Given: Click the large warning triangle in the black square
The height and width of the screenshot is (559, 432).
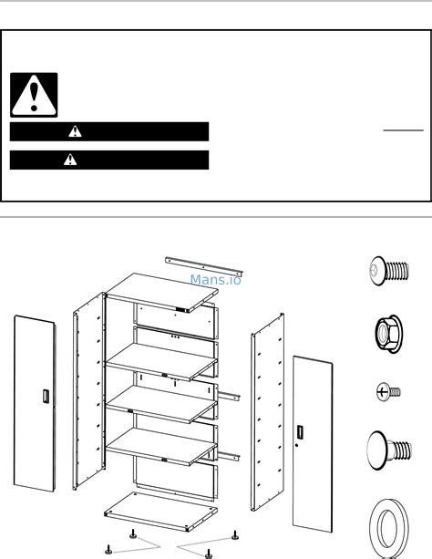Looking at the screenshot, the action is [34, 95].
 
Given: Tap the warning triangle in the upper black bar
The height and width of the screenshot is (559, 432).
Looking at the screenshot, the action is [75, 131].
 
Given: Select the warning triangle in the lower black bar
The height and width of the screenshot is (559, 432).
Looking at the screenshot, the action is [70, 160].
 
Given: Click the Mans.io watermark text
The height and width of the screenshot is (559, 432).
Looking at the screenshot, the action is [216, 280].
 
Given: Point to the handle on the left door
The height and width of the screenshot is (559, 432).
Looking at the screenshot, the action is [46, 397].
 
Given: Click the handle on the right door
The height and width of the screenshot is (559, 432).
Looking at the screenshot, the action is [300, 432].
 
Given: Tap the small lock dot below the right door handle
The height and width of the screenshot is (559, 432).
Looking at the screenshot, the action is [296, 445].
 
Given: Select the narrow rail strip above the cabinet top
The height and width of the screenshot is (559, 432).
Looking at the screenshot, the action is [203, 266].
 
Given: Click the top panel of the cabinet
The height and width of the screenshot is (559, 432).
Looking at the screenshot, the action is [162, 293].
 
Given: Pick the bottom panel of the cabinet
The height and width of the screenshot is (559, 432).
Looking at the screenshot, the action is [160, 512].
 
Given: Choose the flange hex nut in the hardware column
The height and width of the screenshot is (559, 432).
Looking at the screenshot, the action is [388, 334].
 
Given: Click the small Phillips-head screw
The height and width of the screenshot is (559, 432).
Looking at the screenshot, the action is [388, 392].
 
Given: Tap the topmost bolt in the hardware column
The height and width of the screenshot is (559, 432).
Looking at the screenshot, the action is [389, 271].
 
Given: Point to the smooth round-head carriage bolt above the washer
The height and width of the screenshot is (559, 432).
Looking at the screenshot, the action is [389, 450].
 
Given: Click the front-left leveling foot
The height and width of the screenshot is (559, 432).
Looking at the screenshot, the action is [108, 549].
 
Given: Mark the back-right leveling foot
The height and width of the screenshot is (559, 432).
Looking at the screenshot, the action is [235, 535].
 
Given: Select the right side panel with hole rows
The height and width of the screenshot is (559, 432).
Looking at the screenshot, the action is [268, 412].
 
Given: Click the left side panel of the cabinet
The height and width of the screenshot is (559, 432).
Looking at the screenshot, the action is [89, 390].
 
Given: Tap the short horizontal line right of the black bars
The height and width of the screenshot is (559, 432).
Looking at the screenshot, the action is [404, 130].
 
